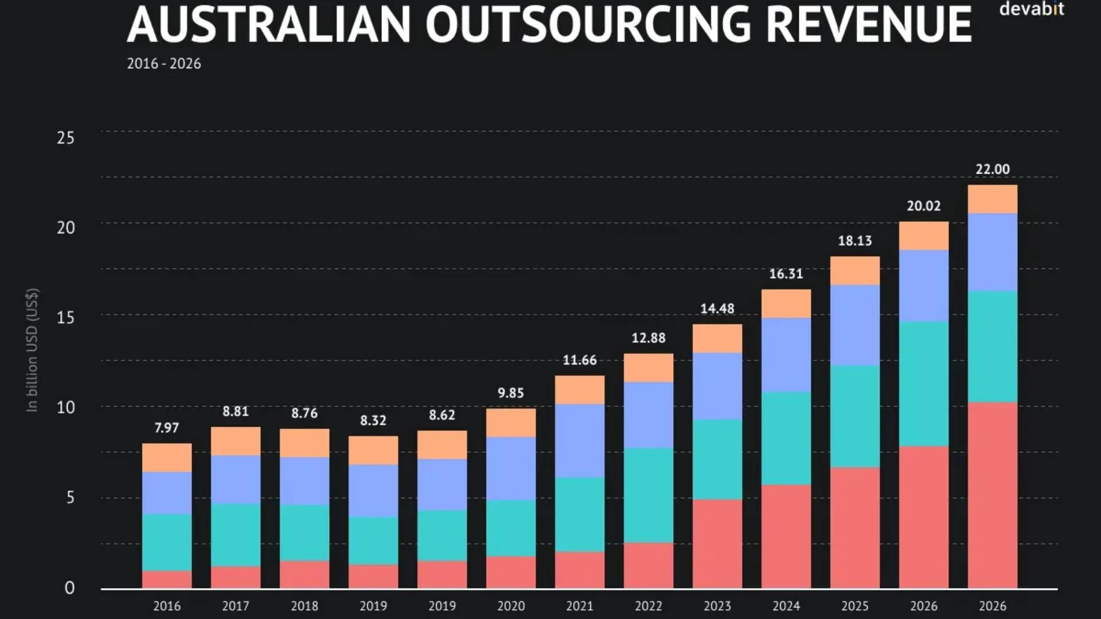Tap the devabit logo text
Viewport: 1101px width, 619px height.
click(1031, 9)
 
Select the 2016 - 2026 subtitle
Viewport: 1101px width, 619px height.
click(164, 64)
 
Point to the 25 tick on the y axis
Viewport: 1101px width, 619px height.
click(66, 138)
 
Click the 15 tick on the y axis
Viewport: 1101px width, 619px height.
click(66, 318)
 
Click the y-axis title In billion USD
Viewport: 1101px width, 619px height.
click(32, 350)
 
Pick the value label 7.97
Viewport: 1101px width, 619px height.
click(166, 428)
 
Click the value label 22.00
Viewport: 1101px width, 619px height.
click(993, 170)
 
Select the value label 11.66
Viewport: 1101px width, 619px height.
click(579, 361)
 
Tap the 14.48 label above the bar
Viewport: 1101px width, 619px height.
click(717, 309)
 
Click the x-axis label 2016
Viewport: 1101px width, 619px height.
click(166, 606)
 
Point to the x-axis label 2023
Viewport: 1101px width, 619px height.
click(717, 606)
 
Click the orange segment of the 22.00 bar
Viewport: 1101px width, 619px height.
click(993, 199)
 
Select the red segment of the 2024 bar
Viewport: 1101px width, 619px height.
click(786, 536)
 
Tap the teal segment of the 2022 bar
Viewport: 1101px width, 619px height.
click(649, 495)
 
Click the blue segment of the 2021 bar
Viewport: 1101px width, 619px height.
click(579, 441)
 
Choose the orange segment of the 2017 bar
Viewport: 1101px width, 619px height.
click(235, 441)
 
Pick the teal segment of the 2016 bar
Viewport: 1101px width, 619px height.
click(166, 542)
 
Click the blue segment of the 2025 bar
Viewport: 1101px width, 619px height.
click(855, 325)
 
